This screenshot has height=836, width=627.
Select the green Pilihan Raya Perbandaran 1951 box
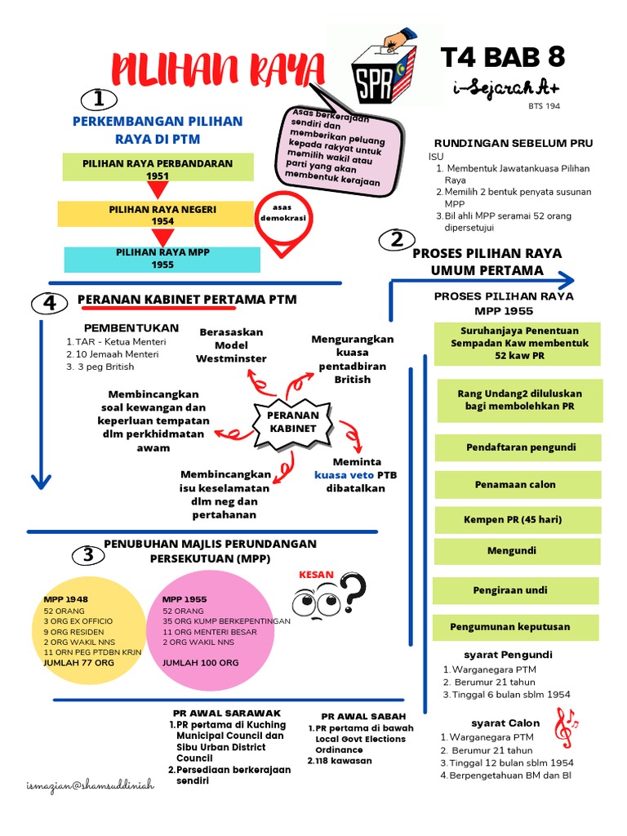158,169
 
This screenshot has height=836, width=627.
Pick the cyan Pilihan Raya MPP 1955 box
162,259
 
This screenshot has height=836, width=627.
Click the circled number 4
49,304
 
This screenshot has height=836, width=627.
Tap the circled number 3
88,556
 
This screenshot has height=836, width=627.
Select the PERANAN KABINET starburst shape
293,422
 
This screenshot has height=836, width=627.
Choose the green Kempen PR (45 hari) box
513,519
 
